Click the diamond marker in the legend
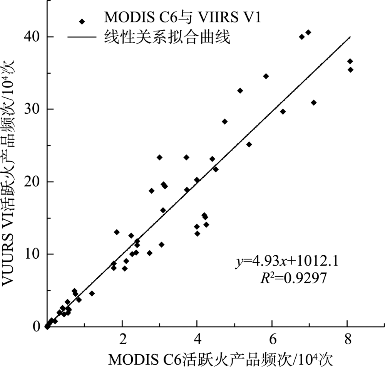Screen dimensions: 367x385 82,22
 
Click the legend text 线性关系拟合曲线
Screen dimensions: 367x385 167,37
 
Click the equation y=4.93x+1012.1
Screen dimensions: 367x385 287,262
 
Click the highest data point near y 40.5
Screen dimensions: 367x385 308,32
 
